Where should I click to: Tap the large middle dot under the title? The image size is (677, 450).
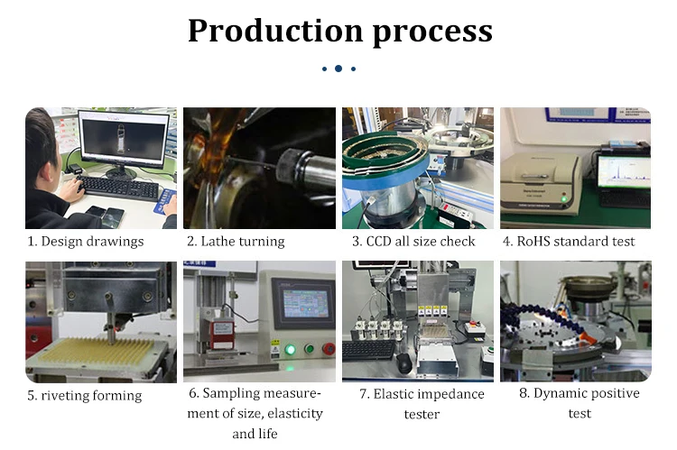[338, 69]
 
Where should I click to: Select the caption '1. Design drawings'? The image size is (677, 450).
[86, 241]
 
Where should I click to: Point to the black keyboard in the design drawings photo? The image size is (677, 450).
[118, 187]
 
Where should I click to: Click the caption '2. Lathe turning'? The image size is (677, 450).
[236, 241]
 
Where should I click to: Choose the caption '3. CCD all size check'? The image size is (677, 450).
[414, 241]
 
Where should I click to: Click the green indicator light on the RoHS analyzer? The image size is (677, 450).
[565, 198]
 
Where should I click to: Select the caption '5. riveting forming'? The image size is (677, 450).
[84, 395]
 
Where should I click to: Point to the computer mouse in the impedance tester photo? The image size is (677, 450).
[403, 362]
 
